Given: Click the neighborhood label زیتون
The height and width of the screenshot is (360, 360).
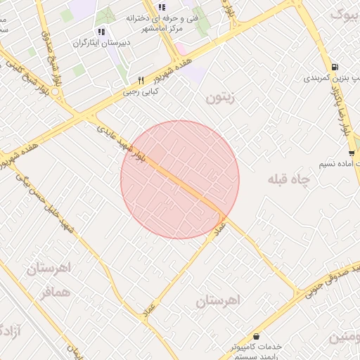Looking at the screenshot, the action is (224, 98).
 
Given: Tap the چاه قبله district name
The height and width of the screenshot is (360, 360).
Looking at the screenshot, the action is (288, 180).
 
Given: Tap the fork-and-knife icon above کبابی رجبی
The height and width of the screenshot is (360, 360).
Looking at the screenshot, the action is (141, 80).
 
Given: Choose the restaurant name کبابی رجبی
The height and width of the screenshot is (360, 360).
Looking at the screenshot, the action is (141, 91).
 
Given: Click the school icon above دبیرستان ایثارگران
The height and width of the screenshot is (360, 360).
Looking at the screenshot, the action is (101, 32).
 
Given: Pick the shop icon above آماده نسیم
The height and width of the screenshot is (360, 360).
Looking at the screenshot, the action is (351, 153).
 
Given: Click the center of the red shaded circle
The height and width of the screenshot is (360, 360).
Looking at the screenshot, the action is (180, 180).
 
